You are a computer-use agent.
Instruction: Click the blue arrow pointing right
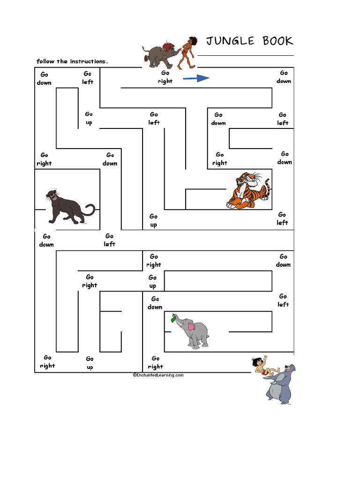point(196,78)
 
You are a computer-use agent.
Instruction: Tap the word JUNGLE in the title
point(230,41)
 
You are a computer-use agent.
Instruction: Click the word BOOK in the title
point(277,41)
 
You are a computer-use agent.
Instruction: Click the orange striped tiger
point(248,190)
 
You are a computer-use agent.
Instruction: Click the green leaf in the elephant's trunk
point(173,318)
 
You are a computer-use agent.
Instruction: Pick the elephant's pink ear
point(192,326)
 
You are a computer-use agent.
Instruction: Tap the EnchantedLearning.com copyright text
point(158,375)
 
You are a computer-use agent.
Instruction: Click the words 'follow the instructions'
point(72,61)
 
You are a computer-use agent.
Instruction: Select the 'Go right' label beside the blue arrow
point(165,77)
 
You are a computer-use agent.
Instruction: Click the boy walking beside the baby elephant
point(187,52)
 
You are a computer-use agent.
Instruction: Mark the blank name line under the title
point(246,55)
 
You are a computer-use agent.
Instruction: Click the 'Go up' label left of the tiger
point(154,220)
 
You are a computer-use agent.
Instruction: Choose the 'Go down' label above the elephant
point(155,303)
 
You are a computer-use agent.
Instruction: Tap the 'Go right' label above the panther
point(44,159)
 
